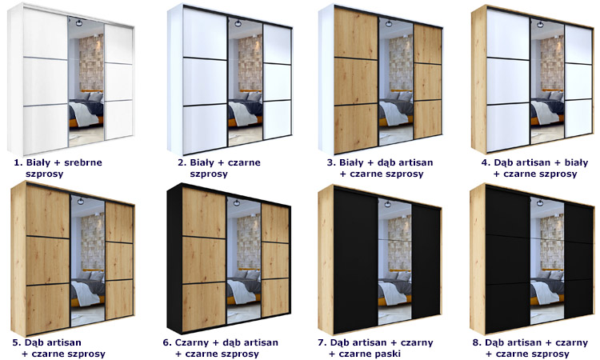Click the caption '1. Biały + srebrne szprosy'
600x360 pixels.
58,168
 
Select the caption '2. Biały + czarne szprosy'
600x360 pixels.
219,168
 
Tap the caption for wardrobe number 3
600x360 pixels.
380,168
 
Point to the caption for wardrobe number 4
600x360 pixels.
534,168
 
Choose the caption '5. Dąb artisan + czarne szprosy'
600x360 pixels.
59,348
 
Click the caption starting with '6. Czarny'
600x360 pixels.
221,348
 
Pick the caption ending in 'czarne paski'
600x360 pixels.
376,348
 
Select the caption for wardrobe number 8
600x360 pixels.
530,348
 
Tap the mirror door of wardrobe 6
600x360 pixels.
244,261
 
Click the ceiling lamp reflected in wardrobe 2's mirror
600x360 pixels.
238,24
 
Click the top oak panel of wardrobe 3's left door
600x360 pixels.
355,34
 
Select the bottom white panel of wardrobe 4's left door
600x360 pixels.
507,127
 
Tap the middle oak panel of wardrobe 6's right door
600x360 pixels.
275,261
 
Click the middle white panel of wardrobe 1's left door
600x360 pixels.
46,82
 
